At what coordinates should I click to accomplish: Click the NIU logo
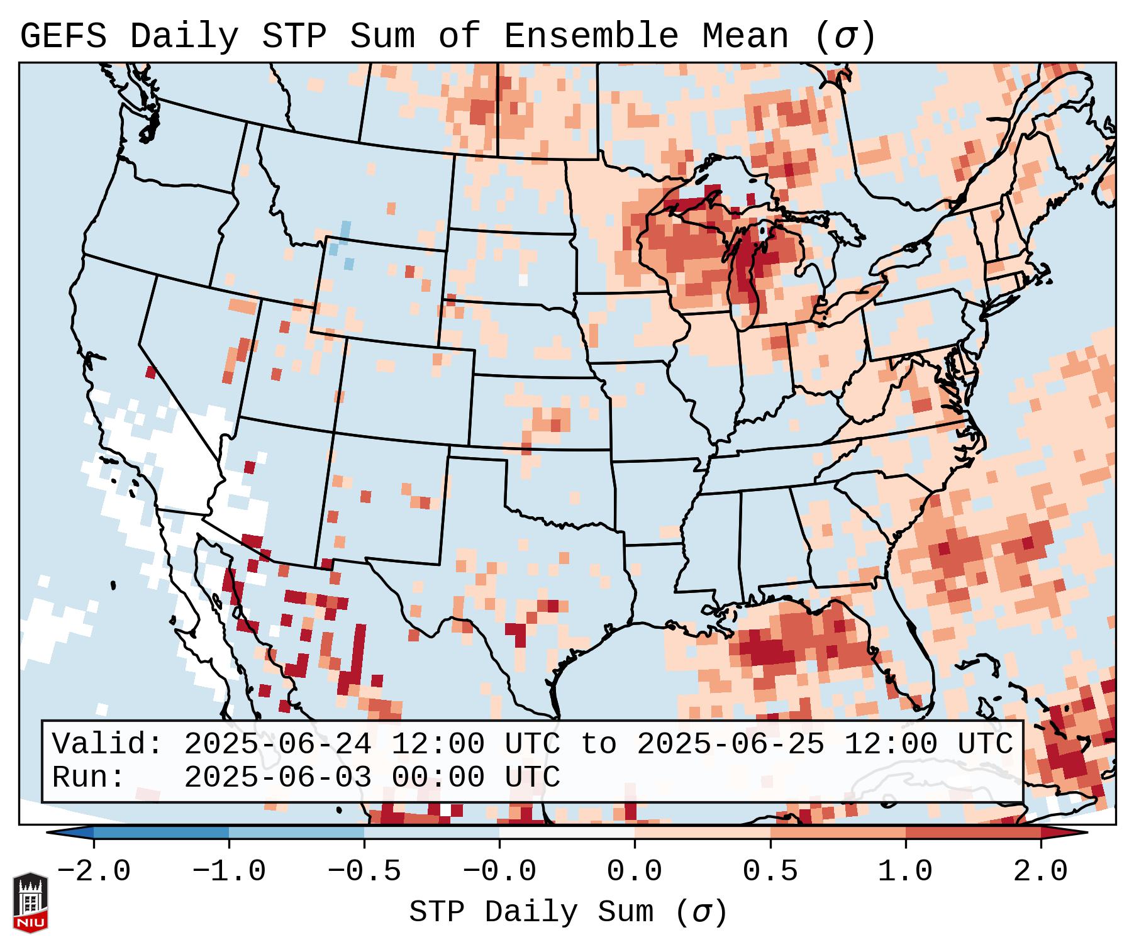[30, 902]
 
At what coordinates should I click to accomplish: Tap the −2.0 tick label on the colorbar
[94, 872]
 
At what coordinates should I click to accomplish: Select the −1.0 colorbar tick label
[229, 872]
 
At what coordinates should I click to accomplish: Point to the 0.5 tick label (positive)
[770, 872]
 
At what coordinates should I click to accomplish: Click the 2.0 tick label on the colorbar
[1041, 872]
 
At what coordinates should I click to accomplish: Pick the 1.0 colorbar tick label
[905, 872]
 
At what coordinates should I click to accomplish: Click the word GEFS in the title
[63, 36]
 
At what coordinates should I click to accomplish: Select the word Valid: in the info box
[108, 744]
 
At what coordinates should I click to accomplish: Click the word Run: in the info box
[89, 777]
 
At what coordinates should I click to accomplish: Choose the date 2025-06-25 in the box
[730, 744]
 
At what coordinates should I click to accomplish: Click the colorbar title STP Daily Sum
[532, 912]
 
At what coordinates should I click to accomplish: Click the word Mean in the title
[745, 36]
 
